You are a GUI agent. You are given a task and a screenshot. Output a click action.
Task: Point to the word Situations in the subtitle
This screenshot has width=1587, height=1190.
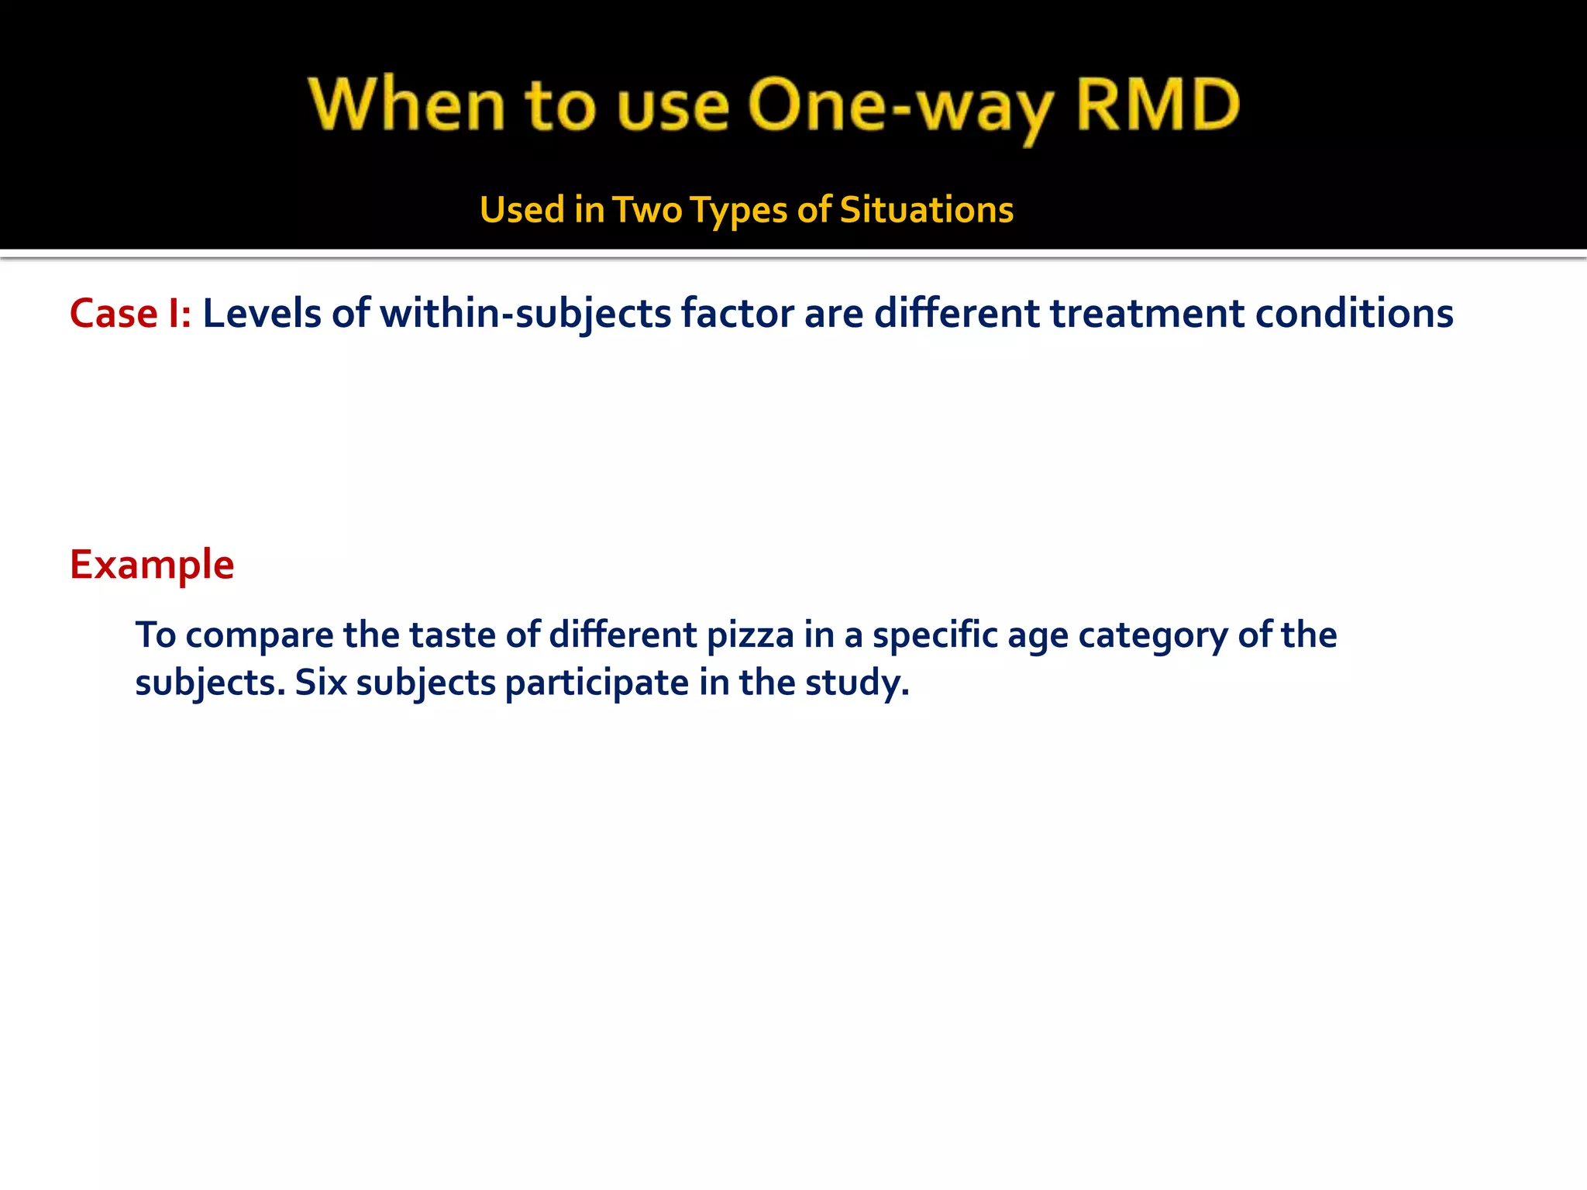pyautogui.click(x=926, y=210)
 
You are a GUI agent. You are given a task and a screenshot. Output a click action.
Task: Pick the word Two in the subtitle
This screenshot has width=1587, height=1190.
pyautogui.click(x=647, y=210)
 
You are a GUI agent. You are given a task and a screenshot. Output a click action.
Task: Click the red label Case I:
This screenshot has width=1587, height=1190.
pyautogui.click(x=130, y=314)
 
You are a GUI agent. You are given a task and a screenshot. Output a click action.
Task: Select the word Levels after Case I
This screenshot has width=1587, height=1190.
pyautogui.click(x=261, y=314)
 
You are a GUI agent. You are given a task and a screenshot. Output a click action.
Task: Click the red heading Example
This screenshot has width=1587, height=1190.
pyautogui.click(x=152, y=564)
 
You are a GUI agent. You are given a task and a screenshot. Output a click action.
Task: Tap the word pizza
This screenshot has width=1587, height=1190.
pyautogui.click(x=750, y=635)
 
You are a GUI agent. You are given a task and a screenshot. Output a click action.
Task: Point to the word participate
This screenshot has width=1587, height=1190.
pyautogui.click(x=597, y=683)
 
